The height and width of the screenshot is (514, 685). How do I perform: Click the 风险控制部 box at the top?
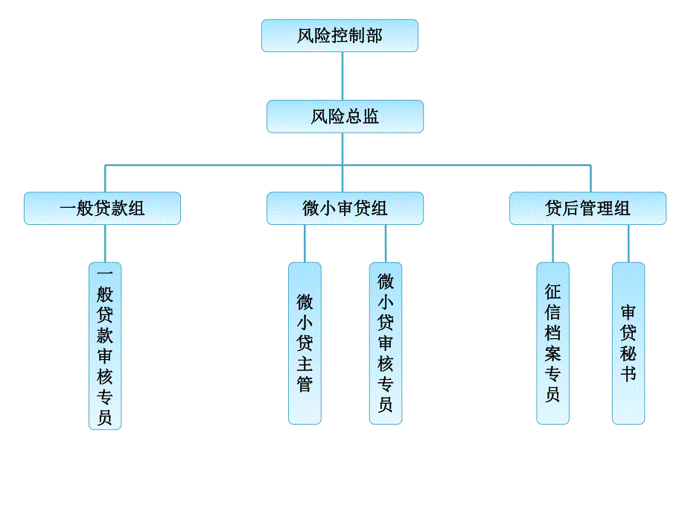click(340, 36)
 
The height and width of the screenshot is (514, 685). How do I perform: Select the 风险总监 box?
click(345, 117)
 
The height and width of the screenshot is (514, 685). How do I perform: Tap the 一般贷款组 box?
click(102, 209)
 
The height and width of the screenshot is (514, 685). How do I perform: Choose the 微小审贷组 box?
click(345, 209)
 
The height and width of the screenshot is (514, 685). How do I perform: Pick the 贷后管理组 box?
click(587, 209)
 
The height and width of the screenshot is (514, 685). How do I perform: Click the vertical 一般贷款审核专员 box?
click(105, 346)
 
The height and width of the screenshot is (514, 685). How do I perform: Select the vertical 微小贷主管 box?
click(305, 343)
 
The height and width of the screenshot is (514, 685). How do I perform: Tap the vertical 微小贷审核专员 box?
click(386, 343)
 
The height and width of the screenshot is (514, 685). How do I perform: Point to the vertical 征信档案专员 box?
click(552, 343)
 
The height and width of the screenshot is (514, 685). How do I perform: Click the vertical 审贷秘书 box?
click(628, 343)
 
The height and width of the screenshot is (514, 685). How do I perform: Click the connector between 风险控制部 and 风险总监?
click(342, 76)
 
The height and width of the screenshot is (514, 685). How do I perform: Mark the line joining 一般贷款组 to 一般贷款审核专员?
click(105, 244)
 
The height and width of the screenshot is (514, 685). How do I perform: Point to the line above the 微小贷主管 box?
click(305, 244)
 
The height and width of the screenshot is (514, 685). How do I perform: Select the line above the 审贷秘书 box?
click(628, 244)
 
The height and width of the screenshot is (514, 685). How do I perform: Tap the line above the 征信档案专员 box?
click(552, 244)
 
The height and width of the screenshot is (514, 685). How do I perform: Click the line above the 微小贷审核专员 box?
click(386, 244)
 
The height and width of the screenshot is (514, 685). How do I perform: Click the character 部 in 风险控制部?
click(374, 36)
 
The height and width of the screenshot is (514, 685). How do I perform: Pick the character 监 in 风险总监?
click(371, 117)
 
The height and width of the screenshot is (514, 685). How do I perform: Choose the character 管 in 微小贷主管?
click(305, 384)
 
